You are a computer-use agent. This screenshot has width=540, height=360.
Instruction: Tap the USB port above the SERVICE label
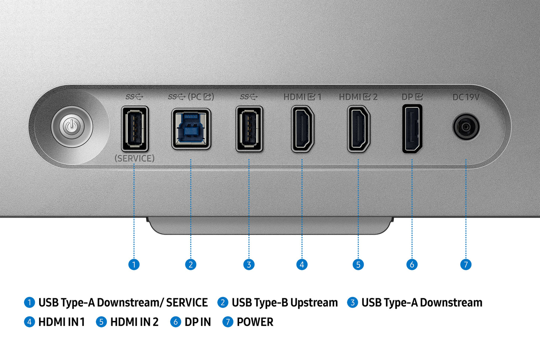tap(135, 128)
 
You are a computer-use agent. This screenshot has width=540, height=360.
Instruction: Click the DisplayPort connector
tap(412, 129)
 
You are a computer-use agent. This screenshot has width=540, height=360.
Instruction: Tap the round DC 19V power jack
tap(466, 127)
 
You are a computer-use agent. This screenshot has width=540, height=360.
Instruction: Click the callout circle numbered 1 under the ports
tap(134, 265)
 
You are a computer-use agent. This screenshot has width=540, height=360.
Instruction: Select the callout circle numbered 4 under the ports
tap(302, 265)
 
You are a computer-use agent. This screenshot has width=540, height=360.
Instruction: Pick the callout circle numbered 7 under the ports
tap(466, 265)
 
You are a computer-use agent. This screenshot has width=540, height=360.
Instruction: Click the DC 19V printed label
tap(466, 97)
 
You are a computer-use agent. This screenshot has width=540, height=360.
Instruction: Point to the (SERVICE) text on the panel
tap(135, 159)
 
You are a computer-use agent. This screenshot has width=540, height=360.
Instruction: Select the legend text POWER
tap(255, 322)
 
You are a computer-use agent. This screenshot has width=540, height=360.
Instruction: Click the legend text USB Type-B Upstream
tap(284, 302)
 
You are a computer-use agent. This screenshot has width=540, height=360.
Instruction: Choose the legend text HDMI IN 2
tap(134, 322)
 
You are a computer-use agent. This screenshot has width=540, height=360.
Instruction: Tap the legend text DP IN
tap(197, 322)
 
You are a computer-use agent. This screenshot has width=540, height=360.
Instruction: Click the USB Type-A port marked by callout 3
tap(249, 129)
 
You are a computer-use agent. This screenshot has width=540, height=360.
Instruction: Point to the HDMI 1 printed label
tap(302, 97)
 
